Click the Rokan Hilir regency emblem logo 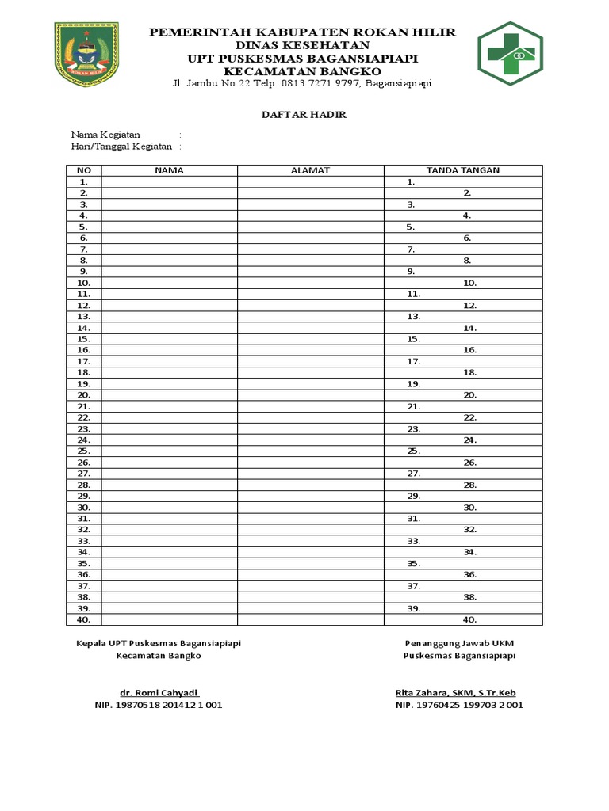pos(86,54)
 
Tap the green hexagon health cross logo pos(510,54)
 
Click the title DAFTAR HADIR pos(304,115)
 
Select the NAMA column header pos(169,170)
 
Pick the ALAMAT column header pos(310,170)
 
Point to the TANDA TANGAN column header pos(462,170)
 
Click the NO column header pos(84,170)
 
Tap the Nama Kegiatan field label pos(105,135)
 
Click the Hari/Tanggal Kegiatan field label pos(121,147)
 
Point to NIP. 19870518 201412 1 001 pos(158,705)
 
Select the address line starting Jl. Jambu pos(303,85)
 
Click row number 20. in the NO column pos(84,394)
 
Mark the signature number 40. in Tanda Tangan pos(469,620)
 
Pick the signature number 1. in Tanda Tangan pos(412,181)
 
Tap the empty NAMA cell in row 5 pos(169,227)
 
